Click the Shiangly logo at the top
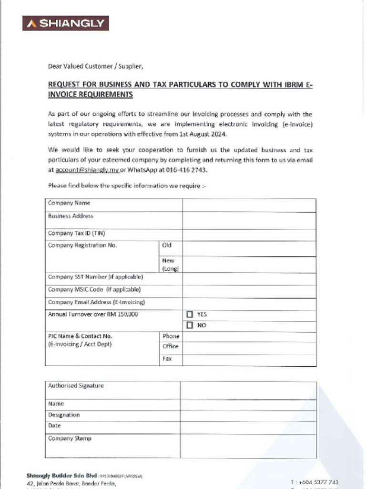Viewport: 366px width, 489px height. [65, 23]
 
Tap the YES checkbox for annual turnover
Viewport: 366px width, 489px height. [190, 315]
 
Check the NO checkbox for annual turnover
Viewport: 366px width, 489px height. [190, 326]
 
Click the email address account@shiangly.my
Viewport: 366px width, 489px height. [87, 170]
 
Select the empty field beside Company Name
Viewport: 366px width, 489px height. [249, 205]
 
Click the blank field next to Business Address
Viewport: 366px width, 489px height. [249, 220]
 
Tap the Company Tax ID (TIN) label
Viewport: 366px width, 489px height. [76, 234]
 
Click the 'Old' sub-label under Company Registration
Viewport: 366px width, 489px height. [167, 245]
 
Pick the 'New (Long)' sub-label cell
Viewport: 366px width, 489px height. [170, 265]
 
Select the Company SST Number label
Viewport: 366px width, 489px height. [95, 277]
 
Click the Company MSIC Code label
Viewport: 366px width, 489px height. [94, 289]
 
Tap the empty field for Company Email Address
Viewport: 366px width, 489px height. [249, 304]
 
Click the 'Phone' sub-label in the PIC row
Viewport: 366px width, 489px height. [171, 336]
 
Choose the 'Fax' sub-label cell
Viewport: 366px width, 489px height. [167, 358]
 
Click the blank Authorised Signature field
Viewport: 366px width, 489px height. [248, 390]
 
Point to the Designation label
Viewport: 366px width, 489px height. [64, 415]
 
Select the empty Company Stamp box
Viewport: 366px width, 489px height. [248, 446]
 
